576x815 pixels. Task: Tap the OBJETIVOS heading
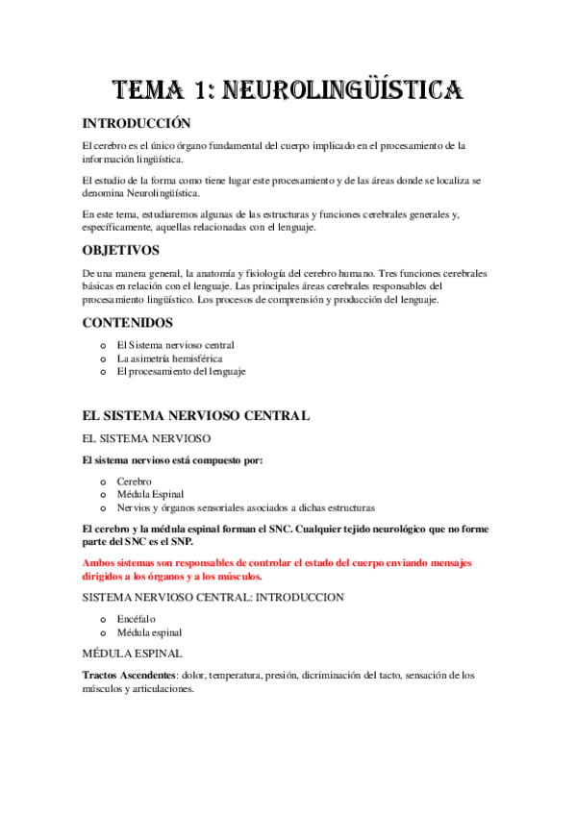pos(121,250)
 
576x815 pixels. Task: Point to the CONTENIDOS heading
pos(128,323)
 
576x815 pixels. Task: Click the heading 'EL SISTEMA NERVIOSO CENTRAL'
pos(196,416)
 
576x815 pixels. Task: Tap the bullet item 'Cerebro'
pos(134,481)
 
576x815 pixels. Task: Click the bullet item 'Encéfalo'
pos(136,620)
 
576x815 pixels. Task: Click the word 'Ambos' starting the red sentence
pos(99,562)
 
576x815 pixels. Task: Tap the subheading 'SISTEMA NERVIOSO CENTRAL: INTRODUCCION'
pos(213,598)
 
